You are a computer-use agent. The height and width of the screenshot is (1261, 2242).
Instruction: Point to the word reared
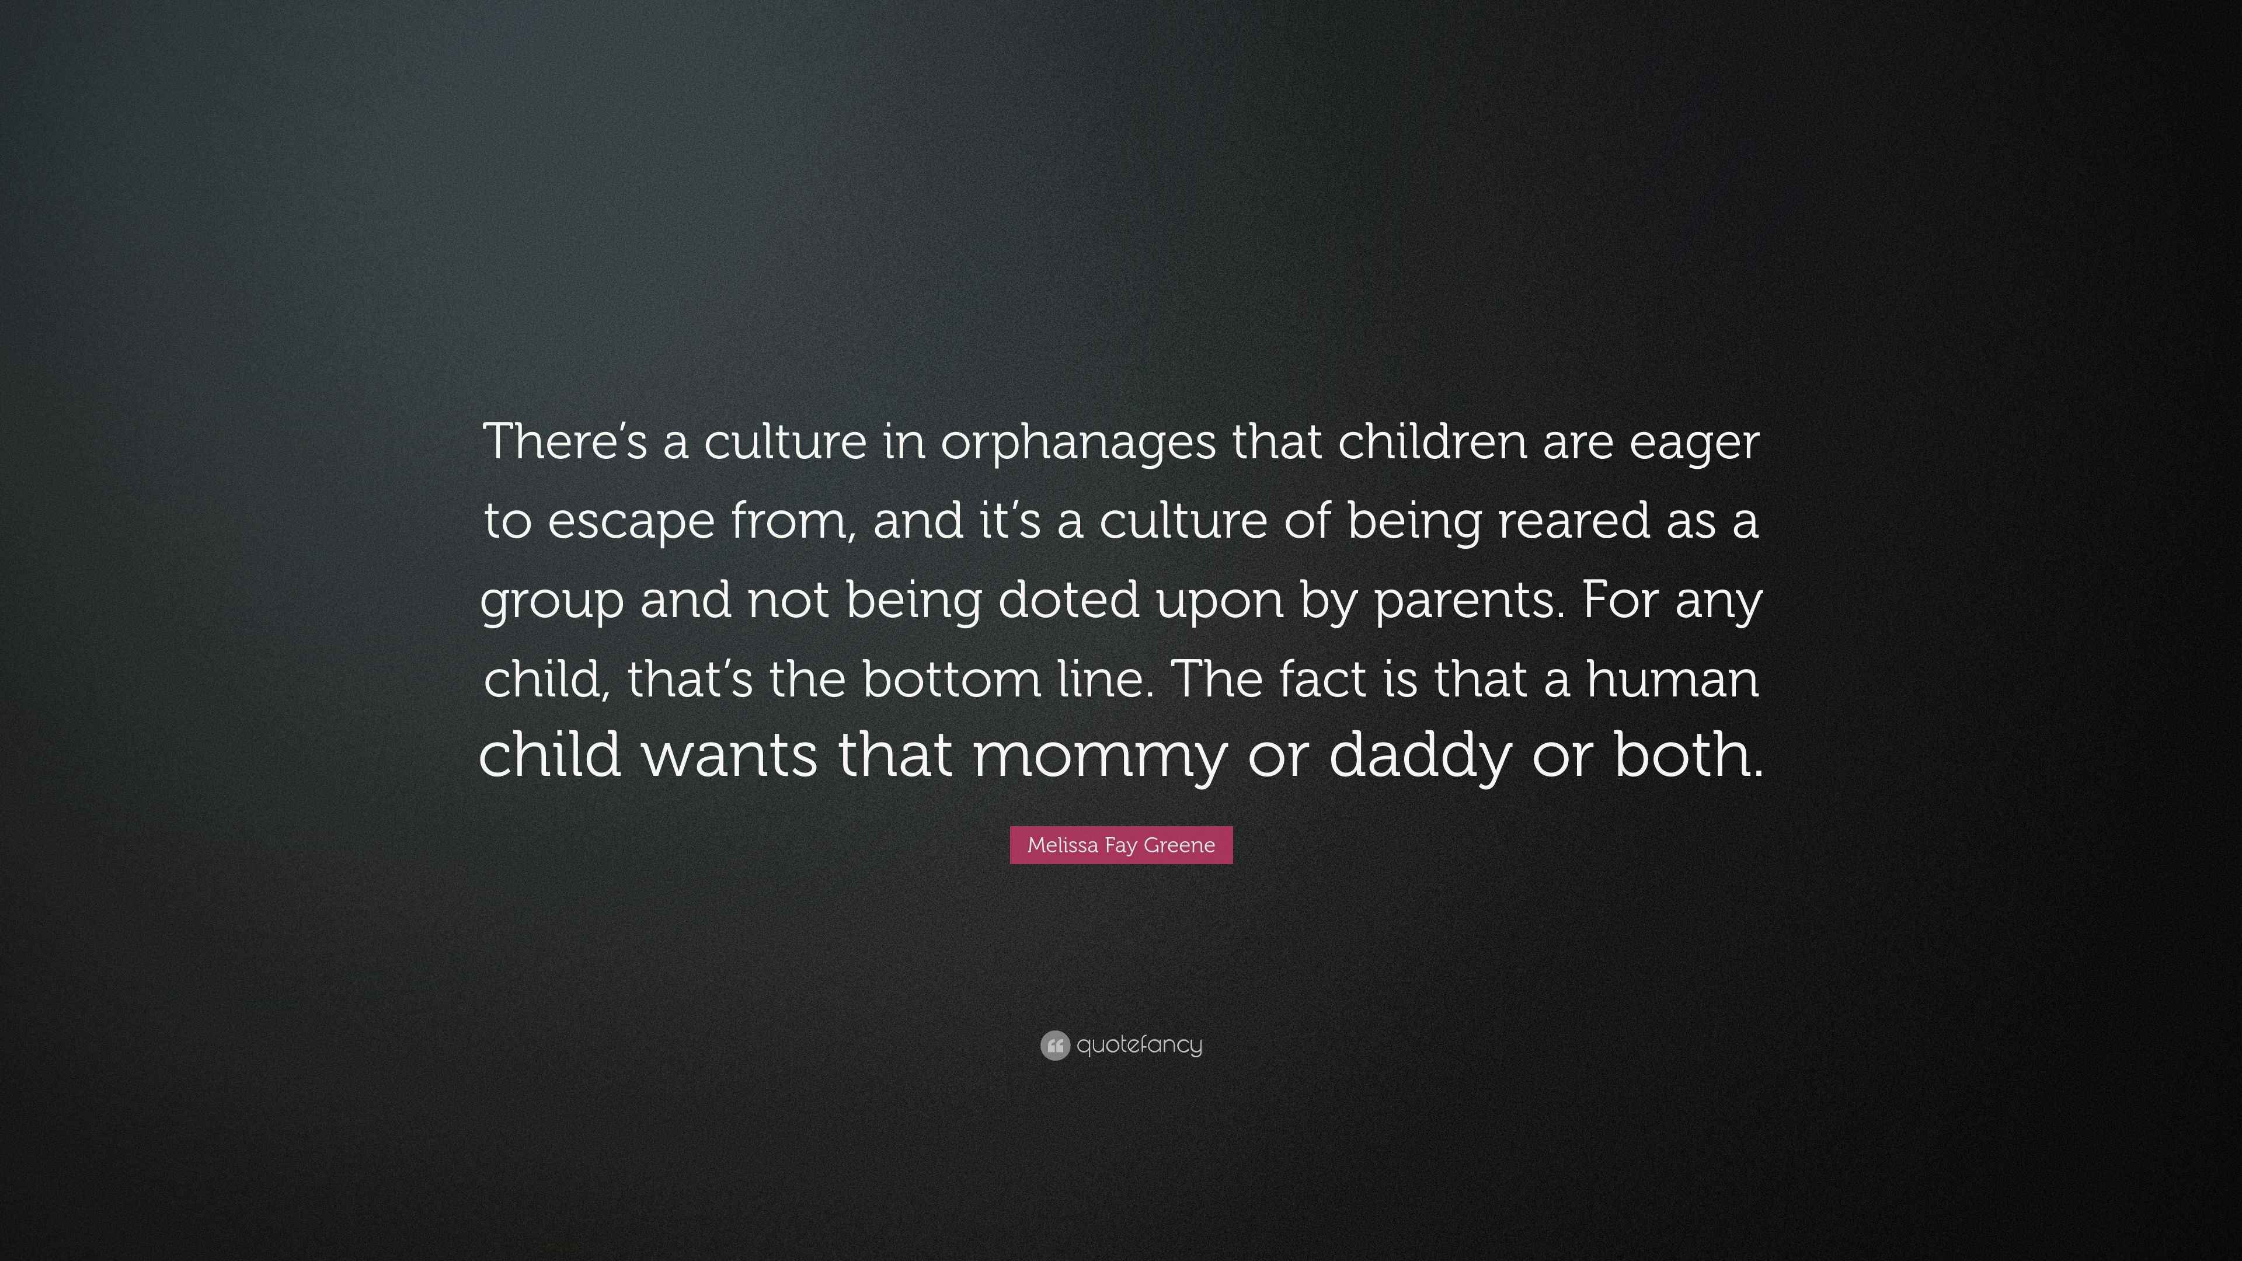[1573, 520]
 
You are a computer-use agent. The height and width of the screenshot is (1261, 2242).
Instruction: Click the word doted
[1068, 599]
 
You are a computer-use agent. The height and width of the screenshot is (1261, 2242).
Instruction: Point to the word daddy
[1421, 756]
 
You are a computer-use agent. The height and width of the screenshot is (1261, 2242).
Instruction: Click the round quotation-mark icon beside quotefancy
[1055, 1044]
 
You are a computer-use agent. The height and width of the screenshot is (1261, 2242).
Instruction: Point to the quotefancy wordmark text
[1139, 1044]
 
